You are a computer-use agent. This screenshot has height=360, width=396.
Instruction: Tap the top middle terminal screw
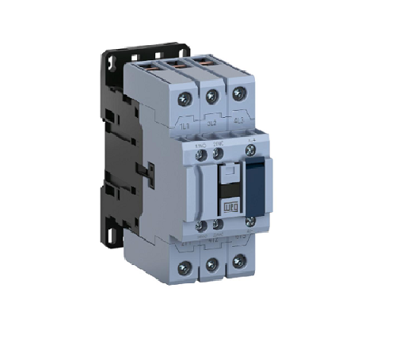(x=211, y=97)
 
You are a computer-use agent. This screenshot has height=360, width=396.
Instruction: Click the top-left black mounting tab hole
(x=111, y=59)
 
